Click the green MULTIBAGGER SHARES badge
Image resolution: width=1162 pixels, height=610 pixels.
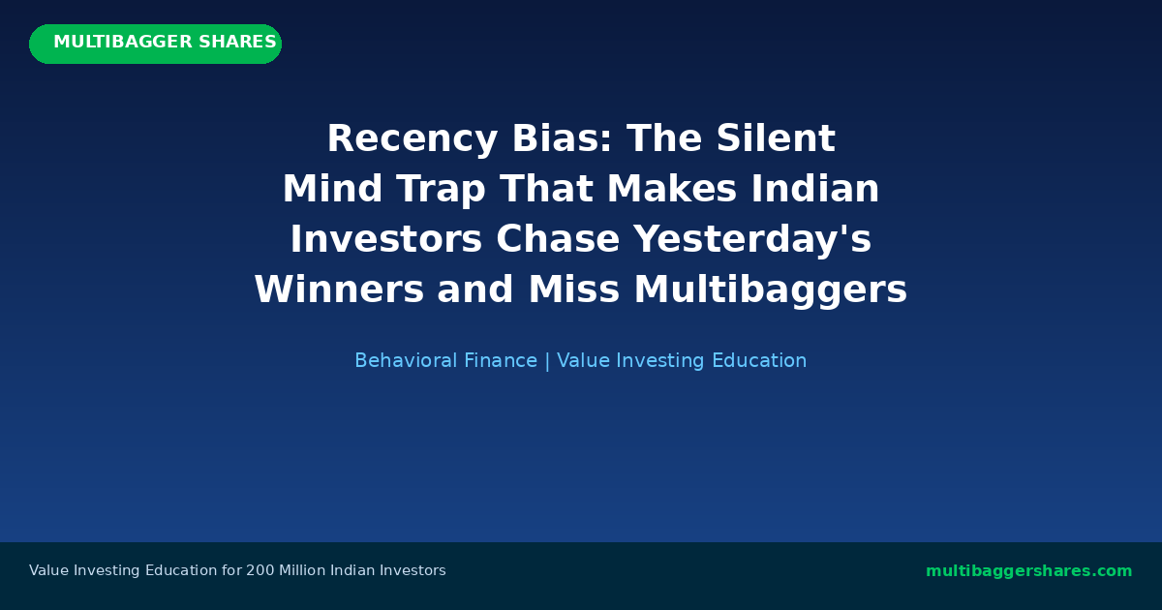point(155,44)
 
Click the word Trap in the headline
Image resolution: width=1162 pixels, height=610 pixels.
point(441,190)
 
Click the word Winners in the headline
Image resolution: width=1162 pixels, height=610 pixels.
point(339,290)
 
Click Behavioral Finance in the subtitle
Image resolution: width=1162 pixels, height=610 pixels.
point(445,361)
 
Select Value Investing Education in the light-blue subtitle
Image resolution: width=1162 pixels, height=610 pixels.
point(682,361)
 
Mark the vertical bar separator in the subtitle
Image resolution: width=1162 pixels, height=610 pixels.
point(547,361)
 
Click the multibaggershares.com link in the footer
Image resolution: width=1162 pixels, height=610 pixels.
point(1028,571)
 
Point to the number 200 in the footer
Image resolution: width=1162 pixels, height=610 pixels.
point(260,571)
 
